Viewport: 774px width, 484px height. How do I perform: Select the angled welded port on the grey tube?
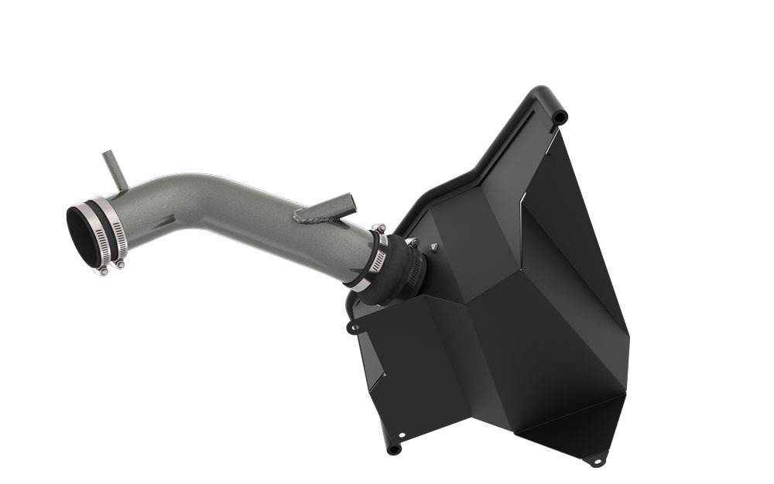pyautogui.click(x=329, y=205)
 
